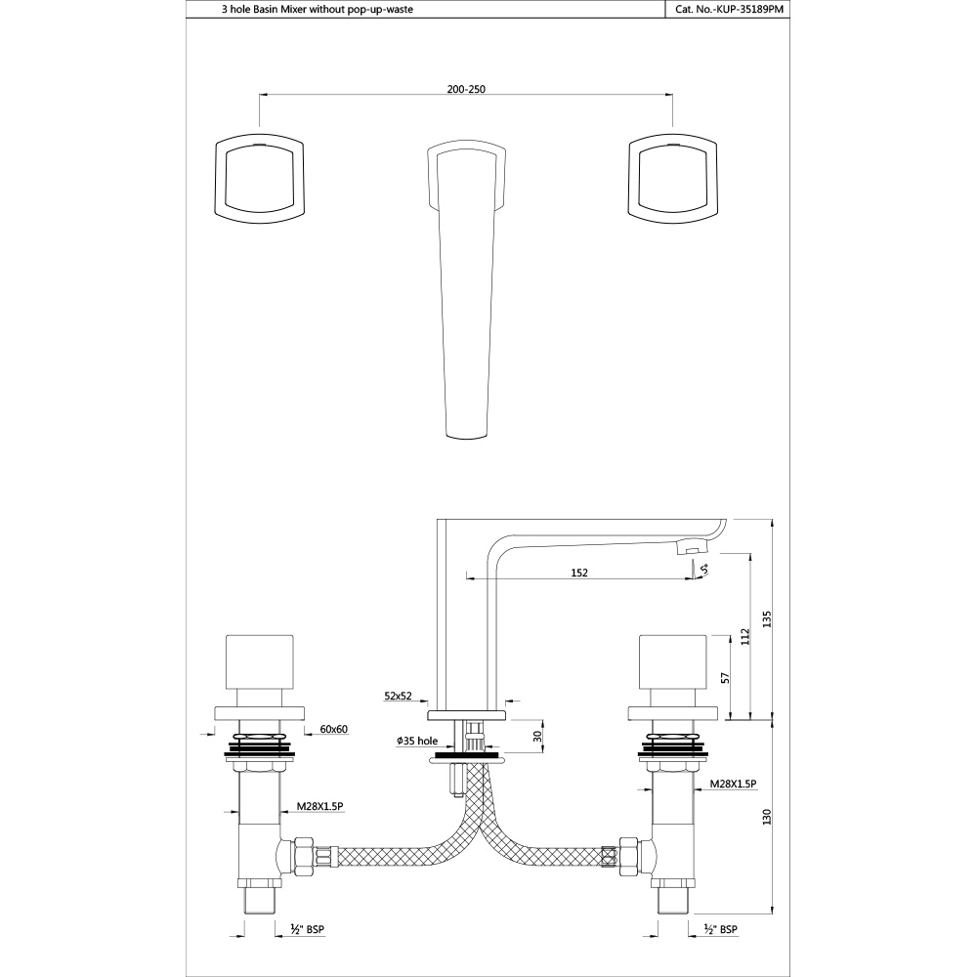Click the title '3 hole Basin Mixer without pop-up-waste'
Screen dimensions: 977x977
[x=306, y=10]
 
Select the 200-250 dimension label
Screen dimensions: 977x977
[x=466, y=89]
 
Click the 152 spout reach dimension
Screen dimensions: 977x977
[x=578, y=573]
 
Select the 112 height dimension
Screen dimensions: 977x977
[x=745, y=637]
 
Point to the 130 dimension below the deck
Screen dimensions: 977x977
[x=768, y=814]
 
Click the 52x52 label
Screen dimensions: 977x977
[x=398, y=697]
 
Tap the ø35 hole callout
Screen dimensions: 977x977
[x=414, y=742]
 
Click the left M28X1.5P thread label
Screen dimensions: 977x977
[x=319, y=808]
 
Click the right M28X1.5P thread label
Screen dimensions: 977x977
[x=734, y=784]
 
